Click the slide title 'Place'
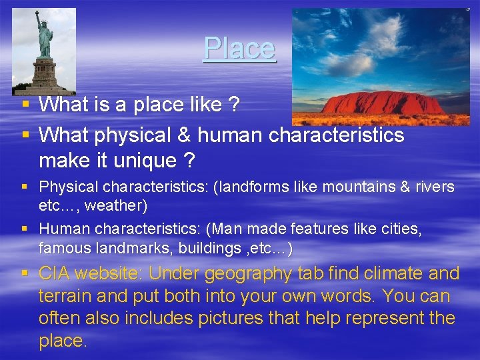pos(239,48)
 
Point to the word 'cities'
pos(401,229)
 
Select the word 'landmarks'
pos(118,248)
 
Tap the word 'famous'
pos(61,248)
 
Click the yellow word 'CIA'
pos(55,273)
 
